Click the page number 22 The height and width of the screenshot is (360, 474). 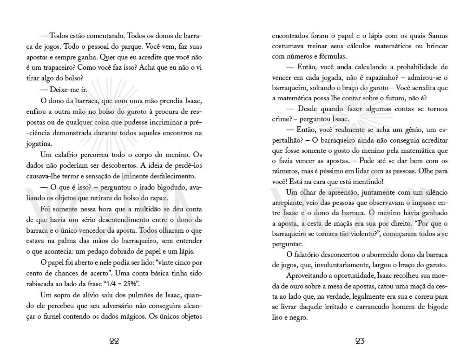[114, 341]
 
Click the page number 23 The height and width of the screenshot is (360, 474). [360, 341]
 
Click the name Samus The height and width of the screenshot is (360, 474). [438, 36]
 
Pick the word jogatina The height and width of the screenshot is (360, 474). [39, 144]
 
